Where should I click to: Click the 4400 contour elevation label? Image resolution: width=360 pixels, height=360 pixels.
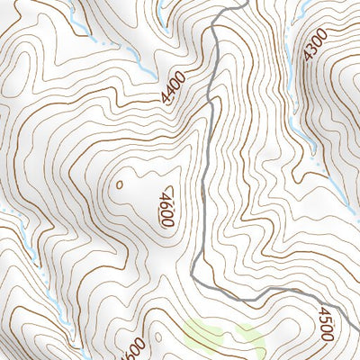[x=174, y=88]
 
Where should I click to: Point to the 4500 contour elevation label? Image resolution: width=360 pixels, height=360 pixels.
[x=325, y=324]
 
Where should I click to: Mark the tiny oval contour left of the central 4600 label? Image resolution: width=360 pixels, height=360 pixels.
[x=120, y=184]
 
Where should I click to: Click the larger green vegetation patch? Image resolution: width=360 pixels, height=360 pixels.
[x=209, y=335]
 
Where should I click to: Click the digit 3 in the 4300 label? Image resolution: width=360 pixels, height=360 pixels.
[x=311, y=48]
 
